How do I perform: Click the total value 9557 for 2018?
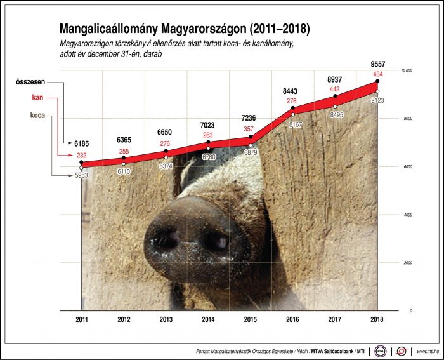tap(377, 64)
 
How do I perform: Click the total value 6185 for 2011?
tap(81, 145)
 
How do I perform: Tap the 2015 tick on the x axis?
tap(251, 321)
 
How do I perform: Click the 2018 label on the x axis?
tap(377, 321)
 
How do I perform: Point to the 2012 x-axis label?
tap(124, 321)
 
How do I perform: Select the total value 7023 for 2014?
tap(208, 124)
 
